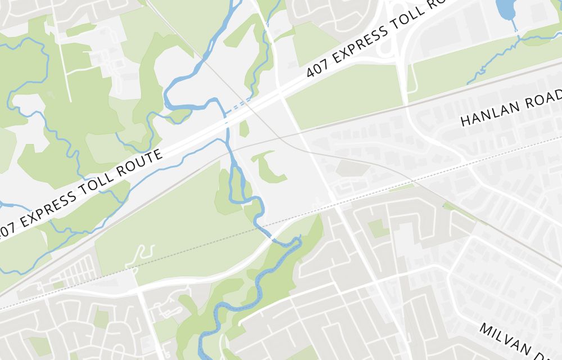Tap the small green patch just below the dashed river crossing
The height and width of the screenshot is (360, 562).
(244, 129)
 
